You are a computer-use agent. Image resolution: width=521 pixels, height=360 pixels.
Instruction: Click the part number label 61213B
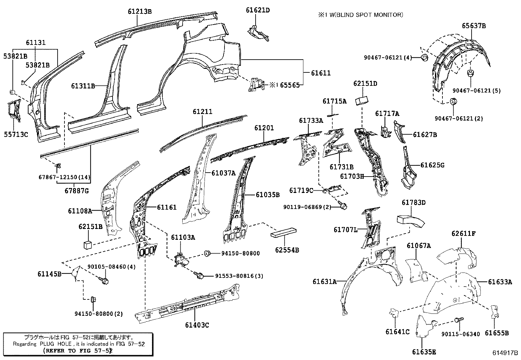140,11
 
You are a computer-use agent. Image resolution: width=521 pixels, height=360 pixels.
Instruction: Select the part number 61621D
258,10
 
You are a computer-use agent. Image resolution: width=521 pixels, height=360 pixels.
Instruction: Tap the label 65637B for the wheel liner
474,26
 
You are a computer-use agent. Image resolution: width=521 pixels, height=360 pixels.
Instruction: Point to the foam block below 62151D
362,100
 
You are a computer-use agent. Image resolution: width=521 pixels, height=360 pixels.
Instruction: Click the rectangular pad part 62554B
283,233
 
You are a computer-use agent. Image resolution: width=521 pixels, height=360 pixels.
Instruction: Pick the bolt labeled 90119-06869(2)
344,206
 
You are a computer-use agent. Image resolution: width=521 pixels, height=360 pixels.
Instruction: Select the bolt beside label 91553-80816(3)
199,276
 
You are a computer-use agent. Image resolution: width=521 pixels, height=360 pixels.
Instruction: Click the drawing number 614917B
505,353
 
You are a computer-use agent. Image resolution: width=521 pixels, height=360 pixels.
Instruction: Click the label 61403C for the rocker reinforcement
197,325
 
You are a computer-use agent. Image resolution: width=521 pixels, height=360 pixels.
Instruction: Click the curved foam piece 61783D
410,221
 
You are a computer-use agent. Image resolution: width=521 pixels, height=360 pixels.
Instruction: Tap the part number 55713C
16,134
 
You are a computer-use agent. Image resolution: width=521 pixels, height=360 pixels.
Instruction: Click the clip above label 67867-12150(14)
59,166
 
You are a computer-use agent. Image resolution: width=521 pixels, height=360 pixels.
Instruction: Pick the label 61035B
267,195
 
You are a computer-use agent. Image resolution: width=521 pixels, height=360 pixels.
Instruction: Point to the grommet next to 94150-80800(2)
93,299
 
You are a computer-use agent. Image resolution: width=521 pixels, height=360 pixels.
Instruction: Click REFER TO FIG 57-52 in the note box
78,350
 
